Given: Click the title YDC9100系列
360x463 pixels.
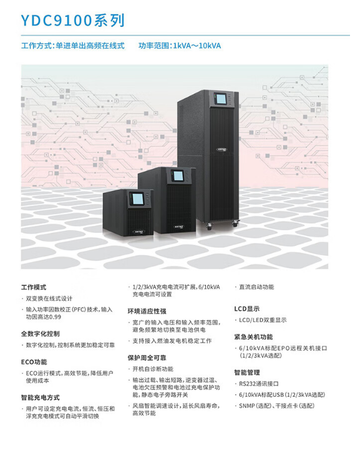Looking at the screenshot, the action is point(72,21).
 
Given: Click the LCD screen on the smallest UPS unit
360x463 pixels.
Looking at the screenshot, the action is point(137,199).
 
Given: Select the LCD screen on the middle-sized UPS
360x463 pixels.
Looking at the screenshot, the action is point(178,176).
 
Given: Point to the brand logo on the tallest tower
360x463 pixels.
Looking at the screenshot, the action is point(221,149).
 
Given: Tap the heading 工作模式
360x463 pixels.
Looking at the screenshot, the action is point(34,287).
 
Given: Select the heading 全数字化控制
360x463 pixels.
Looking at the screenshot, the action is point(40,334).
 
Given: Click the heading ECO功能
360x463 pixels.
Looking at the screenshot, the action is point(34,362).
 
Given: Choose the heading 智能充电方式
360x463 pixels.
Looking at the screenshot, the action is point(40,397).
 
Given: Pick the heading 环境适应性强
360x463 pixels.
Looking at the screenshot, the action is point(147,311).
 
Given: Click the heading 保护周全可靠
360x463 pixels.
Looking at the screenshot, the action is point(147,358).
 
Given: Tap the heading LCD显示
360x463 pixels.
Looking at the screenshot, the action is point(247,309).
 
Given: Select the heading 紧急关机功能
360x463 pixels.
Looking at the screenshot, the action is point(253,337).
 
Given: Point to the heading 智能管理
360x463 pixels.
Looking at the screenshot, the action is point(247,373).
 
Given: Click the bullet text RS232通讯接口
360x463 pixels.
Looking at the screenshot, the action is point(259,384).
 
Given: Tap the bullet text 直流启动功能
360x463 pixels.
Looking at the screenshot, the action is point(256,287).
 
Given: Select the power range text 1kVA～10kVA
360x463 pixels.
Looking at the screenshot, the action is point(197,46).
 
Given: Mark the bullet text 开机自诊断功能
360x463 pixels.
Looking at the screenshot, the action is point(153,369).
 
